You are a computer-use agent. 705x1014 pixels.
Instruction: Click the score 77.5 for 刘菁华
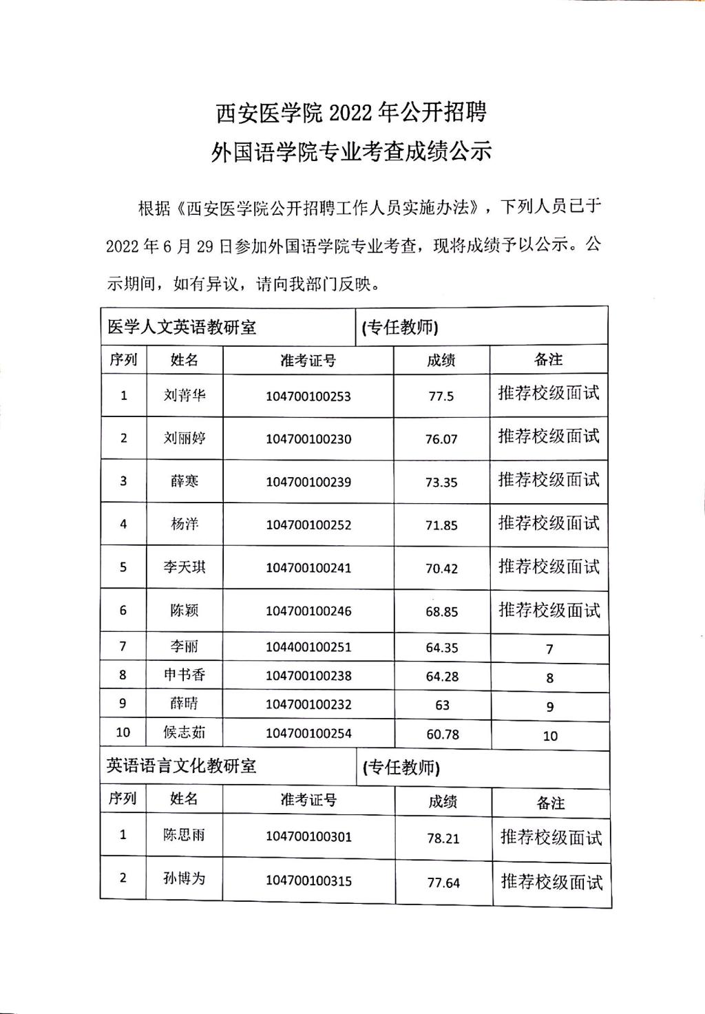441,397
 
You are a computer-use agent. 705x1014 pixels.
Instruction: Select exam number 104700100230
308,439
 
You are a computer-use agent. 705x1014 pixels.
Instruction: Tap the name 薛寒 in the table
185,481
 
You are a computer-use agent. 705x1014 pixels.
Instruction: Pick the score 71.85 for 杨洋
441,525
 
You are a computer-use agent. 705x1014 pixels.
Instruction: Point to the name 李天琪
185,567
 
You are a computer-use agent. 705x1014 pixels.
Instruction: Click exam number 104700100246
308,611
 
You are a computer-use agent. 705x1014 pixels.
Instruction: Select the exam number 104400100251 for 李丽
308,647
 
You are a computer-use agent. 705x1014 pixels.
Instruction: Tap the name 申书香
185,675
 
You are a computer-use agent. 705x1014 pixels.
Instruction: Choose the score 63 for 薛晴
442,705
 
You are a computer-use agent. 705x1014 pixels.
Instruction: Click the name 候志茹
185,732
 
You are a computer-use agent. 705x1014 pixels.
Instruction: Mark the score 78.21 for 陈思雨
443,838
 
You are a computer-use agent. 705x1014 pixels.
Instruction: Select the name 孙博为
184,878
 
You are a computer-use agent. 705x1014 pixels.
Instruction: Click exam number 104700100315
308,880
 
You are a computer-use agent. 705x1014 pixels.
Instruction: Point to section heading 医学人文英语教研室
182,327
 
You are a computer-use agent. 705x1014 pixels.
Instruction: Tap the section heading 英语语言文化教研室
181,766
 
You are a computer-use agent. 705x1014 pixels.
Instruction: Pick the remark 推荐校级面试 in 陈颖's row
549,610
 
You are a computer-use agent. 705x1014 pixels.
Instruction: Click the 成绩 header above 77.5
441,360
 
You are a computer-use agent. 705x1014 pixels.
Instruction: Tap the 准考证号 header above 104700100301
308,800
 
